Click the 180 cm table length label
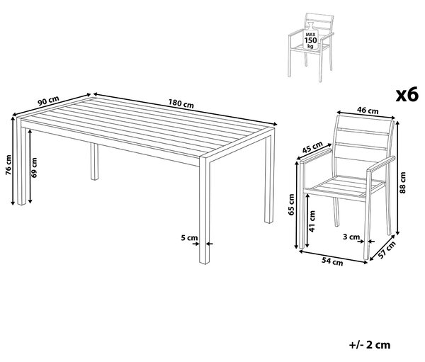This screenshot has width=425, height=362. (x=181, y=103)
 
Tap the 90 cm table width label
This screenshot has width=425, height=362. (x=48, y=101)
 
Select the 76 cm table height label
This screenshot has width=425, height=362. (x=8, y=165)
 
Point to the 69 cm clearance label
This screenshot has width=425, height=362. (x=34, y=168)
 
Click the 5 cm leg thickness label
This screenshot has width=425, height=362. (x=189, y=238)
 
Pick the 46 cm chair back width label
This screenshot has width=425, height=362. (x=368, y=110)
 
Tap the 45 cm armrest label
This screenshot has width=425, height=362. (x=312, y=147)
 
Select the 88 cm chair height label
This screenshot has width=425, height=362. (x=403, y=183)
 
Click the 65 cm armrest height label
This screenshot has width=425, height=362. (x=291, y=205)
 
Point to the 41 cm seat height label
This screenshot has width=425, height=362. (x=312, y=221)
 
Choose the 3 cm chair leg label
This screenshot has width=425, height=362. (x=351, y=237)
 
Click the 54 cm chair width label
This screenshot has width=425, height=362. (x=332, y=261)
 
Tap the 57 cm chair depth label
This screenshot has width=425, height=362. (x=387, y=250)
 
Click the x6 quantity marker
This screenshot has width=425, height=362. (x=407, y=95)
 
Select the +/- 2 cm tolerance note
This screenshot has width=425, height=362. (x=370, y=345)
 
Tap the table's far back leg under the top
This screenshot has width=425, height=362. (x=94, y=162)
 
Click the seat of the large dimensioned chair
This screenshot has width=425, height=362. (x=348, y=188)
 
